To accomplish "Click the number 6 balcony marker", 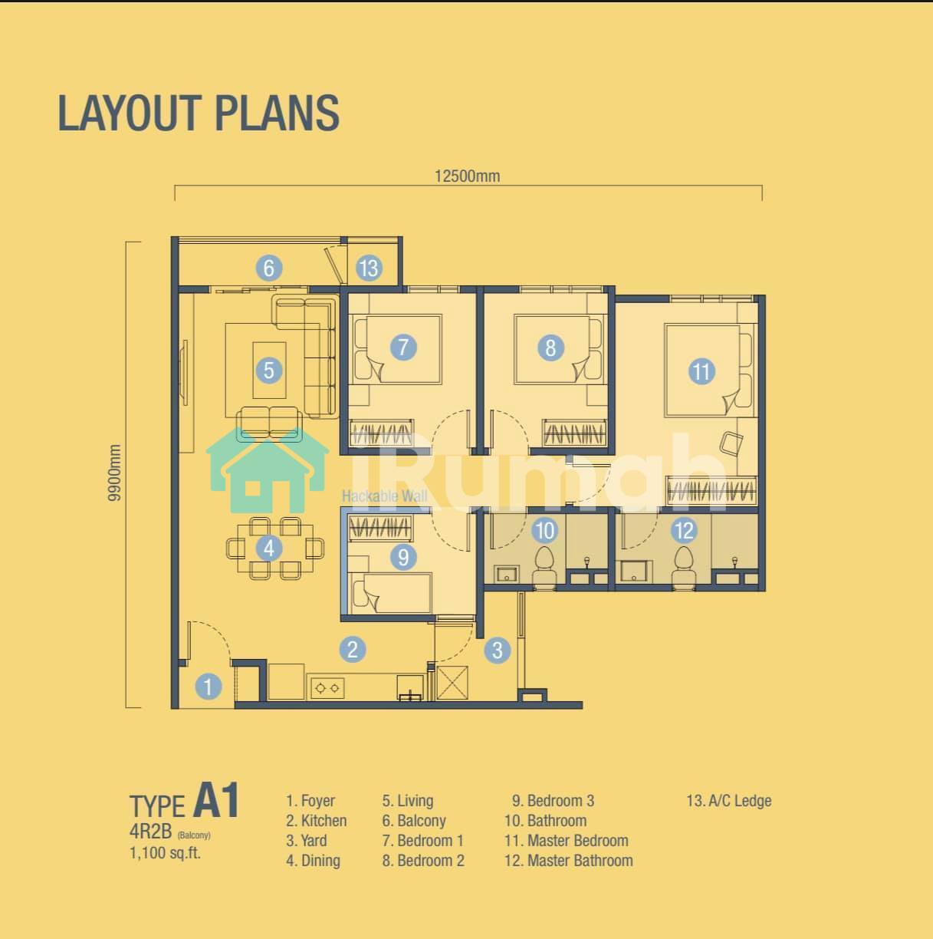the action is (269, 268).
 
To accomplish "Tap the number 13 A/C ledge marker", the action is (369, 268).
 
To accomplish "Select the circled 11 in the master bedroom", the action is (701, 372).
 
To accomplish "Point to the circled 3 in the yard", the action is (498, 650).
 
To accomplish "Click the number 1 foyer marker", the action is (209, 687).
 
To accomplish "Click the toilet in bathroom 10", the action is (544, 568).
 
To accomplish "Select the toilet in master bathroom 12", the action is (683, 568).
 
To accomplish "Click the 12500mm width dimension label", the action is (467, 176).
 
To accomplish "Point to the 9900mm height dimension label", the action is (114, 473).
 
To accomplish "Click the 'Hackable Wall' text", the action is (385, 496).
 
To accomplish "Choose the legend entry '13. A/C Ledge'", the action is (729, 801).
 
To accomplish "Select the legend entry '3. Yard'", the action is (307, 841).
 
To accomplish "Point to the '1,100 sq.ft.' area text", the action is (165, 853).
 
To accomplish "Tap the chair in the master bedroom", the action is (731, 443).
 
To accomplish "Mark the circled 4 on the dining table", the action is (269, 549).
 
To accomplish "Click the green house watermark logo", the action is (268, 471).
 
